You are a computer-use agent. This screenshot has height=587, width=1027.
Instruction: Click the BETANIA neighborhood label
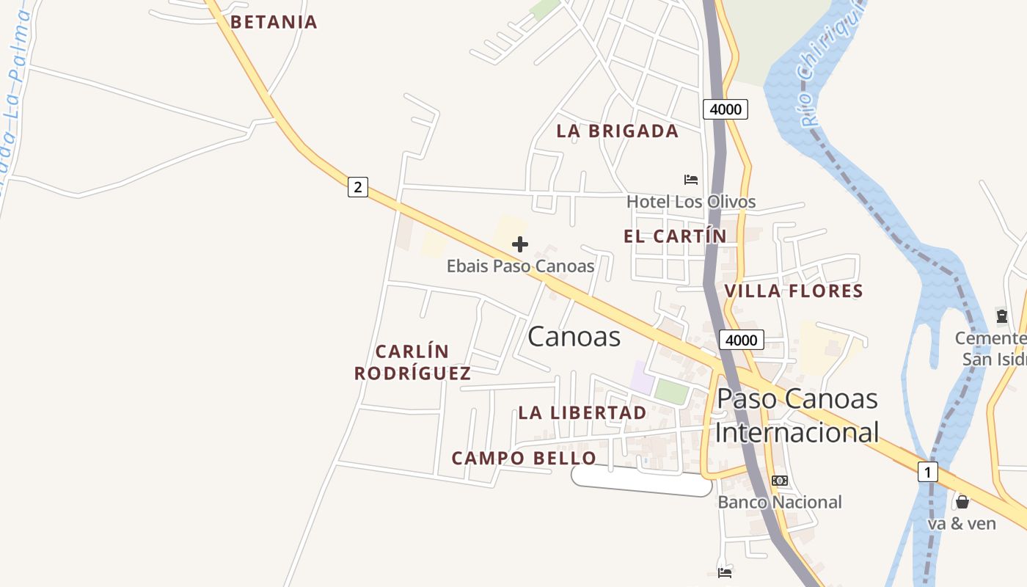coord(274,22)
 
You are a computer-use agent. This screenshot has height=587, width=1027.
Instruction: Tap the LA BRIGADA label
coord(617,131)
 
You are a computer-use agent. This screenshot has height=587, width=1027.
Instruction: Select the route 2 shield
coord(357,187)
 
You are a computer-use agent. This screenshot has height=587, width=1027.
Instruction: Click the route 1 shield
coord(927,472)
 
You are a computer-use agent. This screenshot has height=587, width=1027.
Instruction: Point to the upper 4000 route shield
coord(726,110)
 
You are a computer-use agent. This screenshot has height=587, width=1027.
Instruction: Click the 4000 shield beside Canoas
coord(741,340)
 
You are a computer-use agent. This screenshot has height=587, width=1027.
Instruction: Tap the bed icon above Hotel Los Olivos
coord(690,179)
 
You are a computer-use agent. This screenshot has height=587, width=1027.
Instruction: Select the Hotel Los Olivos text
coord(690,202)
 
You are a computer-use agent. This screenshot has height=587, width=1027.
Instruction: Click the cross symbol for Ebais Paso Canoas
coord(520,244)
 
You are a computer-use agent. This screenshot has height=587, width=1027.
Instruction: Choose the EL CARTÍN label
coord(675,236)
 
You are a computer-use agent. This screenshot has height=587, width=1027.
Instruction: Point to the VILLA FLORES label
coord(793,291)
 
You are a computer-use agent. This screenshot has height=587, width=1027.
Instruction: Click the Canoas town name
coord(574,337)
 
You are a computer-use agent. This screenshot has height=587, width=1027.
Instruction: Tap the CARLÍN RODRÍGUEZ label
coord(412,362)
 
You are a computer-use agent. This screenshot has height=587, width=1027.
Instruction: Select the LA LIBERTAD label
coord(582,412)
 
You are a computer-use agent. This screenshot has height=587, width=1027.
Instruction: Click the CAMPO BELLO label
coord(524,459)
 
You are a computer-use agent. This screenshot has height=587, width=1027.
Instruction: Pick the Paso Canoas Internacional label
coord(797,415)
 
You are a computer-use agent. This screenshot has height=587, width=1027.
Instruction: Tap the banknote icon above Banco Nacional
coord(779,481)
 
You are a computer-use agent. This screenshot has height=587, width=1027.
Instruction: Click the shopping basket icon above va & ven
coord(962,502)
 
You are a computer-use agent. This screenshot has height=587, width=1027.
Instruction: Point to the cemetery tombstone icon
coord(1001,316)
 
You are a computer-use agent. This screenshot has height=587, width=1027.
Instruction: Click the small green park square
coord(671,391)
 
